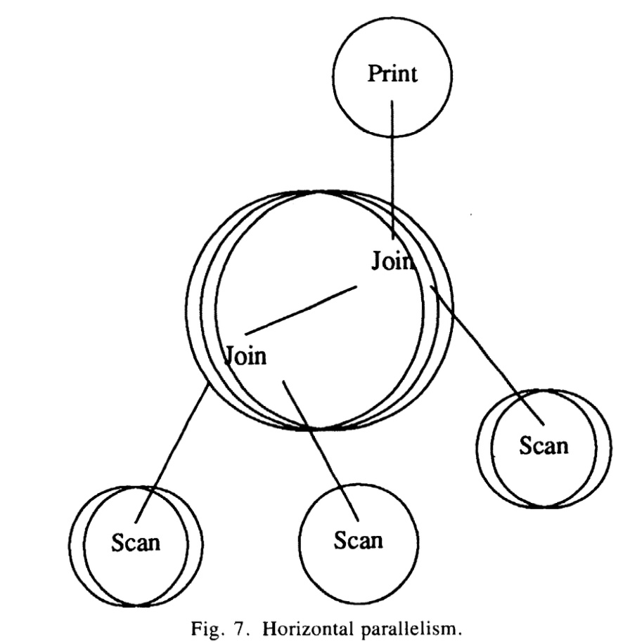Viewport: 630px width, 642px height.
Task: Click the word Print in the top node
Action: tap(392, 74)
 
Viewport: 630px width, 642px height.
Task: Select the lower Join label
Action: tap(245, 355)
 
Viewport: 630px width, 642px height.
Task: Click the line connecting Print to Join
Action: tap(392, 169)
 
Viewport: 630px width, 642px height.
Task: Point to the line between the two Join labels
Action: tap(302, 309)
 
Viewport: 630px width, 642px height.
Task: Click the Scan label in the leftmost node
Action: tap(136, 542)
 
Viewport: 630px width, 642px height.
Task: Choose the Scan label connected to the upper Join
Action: tap(543, 445)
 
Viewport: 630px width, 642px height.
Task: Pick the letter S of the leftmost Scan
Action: tap(117, 542)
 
